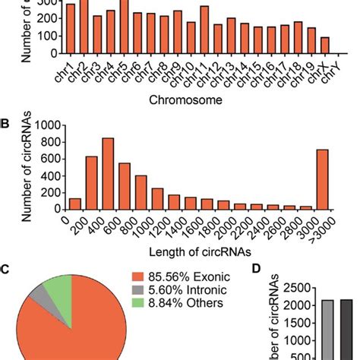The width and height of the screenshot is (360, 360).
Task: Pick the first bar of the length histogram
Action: pyautogui.click(x=75, y=204)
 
